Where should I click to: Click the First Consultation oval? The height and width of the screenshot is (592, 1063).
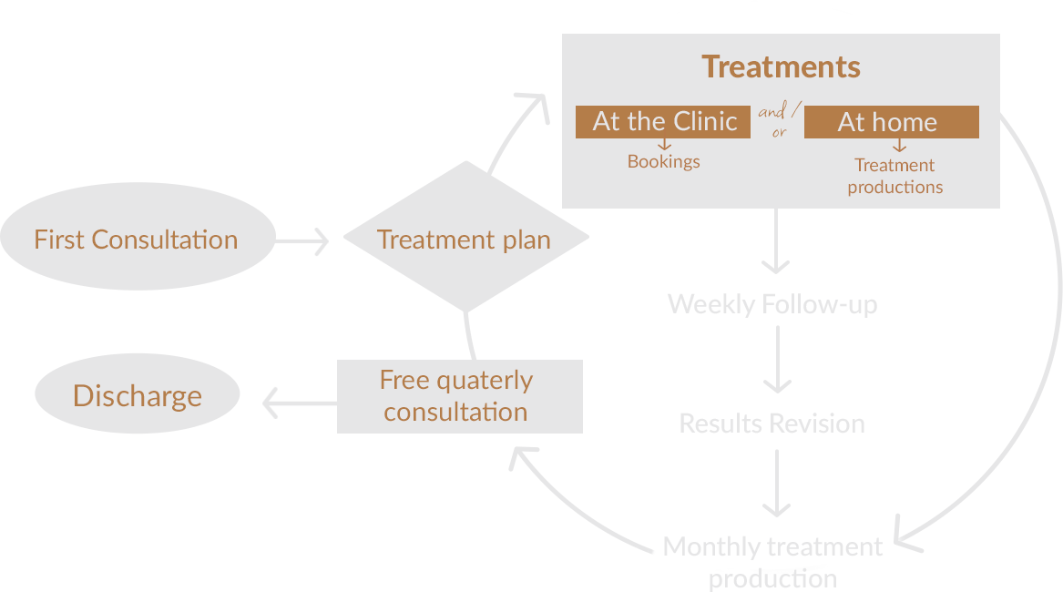[137, 240]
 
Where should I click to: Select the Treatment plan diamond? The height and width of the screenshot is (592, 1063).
[465, 240]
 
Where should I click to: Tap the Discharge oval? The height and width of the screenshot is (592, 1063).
[138, 396]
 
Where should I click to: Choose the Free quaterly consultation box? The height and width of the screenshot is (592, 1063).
[459, 396]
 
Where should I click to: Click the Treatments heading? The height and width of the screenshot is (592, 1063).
[781, 66]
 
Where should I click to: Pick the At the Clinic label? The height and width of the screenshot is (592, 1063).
[664, 122]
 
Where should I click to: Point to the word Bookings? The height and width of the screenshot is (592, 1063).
[664, 162]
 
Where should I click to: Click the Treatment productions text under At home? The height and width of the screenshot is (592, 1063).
[895, 176]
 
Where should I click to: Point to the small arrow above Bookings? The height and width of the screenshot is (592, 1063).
[664, 144]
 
